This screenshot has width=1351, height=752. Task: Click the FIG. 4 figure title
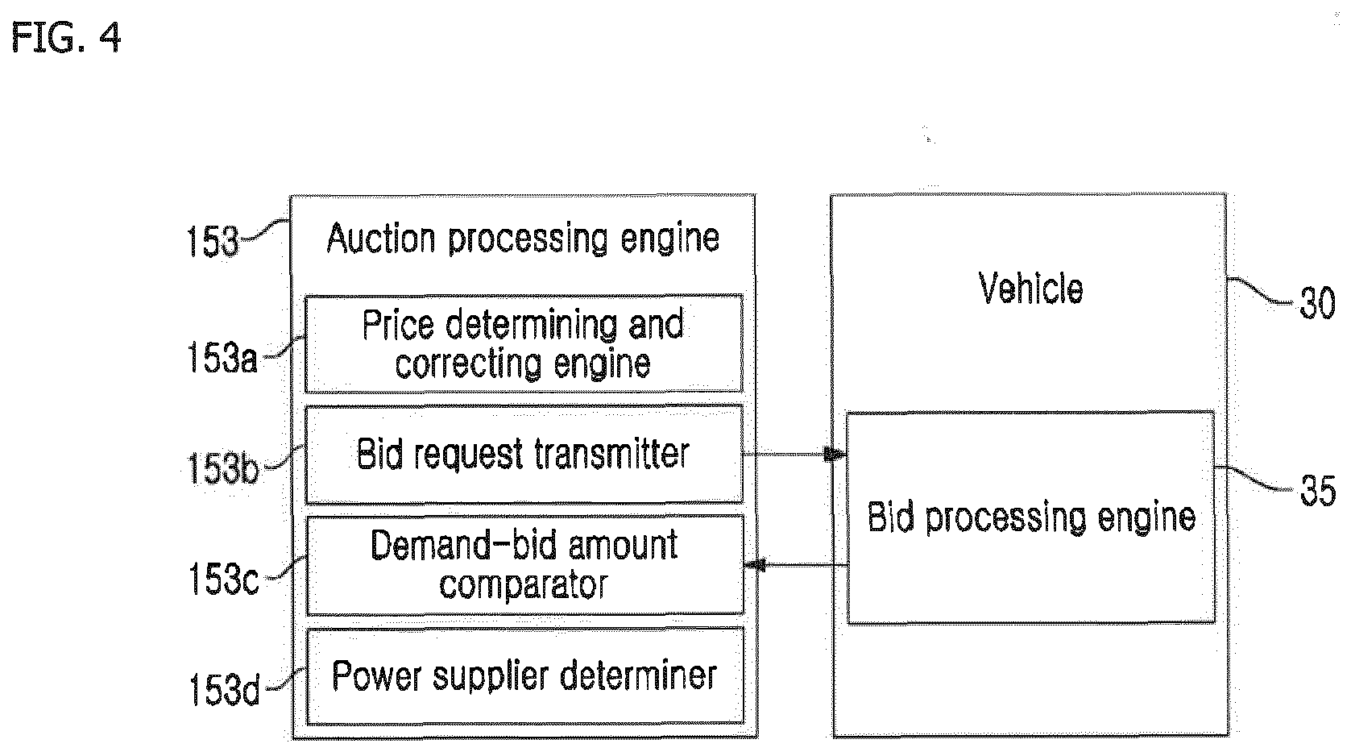(66, 37)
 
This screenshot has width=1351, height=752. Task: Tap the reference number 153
(213, 242)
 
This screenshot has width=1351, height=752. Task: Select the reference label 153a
(222, 357)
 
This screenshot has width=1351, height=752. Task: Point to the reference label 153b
(223, 468)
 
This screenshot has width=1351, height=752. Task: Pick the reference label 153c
(223, 579)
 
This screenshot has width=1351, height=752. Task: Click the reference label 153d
(224, 689)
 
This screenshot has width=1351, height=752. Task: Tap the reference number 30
(1317, 303)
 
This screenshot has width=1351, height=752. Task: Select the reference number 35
(1318, 490)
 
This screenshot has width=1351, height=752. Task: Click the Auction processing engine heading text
(523, 239)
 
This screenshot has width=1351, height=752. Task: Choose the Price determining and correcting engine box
(524, 344)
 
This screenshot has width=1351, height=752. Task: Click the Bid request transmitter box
(524, 455)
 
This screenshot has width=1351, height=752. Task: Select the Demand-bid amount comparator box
(524, 565)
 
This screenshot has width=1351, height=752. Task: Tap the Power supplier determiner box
(524, 676)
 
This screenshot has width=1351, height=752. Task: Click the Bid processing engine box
(1030, 517)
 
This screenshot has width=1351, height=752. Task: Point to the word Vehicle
(1030, 289)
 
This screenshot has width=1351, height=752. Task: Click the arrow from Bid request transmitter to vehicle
(794, 454)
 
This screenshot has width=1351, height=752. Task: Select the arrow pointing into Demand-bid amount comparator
(796, 565)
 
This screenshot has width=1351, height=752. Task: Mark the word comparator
(524, 585)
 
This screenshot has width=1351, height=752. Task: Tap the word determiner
(638, 675)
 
